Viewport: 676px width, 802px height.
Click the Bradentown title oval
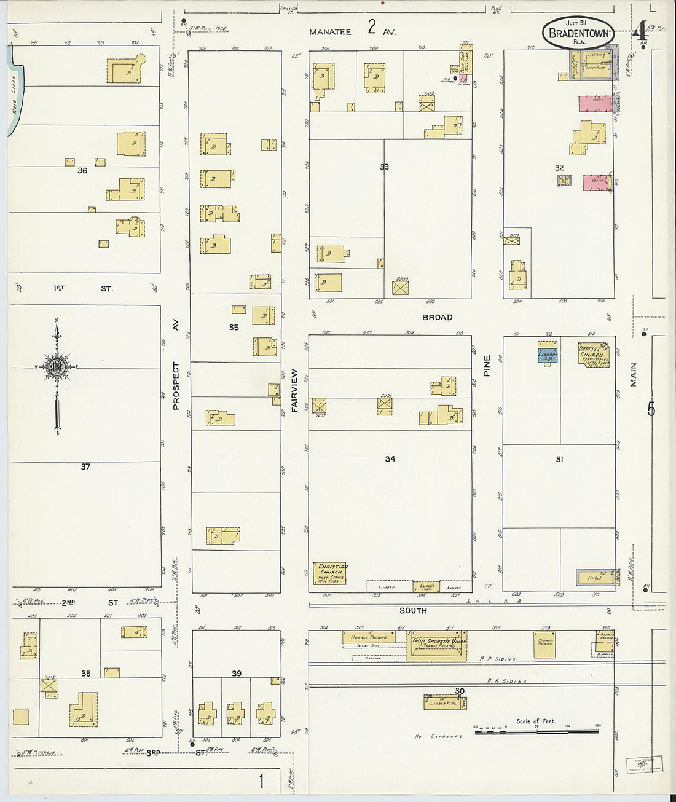578,33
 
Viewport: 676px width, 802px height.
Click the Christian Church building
331,573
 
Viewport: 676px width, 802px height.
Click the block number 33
384,167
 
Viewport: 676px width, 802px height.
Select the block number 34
390,458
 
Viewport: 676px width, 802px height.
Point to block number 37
85,466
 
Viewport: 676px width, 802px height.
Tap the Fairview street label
294,390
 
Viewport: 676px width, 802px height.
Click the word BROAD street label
437,317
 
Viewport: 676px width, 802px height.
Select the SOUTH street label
413,610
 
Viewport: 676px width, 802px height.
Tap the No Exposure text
439,736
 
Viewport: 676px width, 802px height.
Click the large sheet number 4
641,30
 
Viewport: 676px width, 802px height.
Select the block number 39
237,674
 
